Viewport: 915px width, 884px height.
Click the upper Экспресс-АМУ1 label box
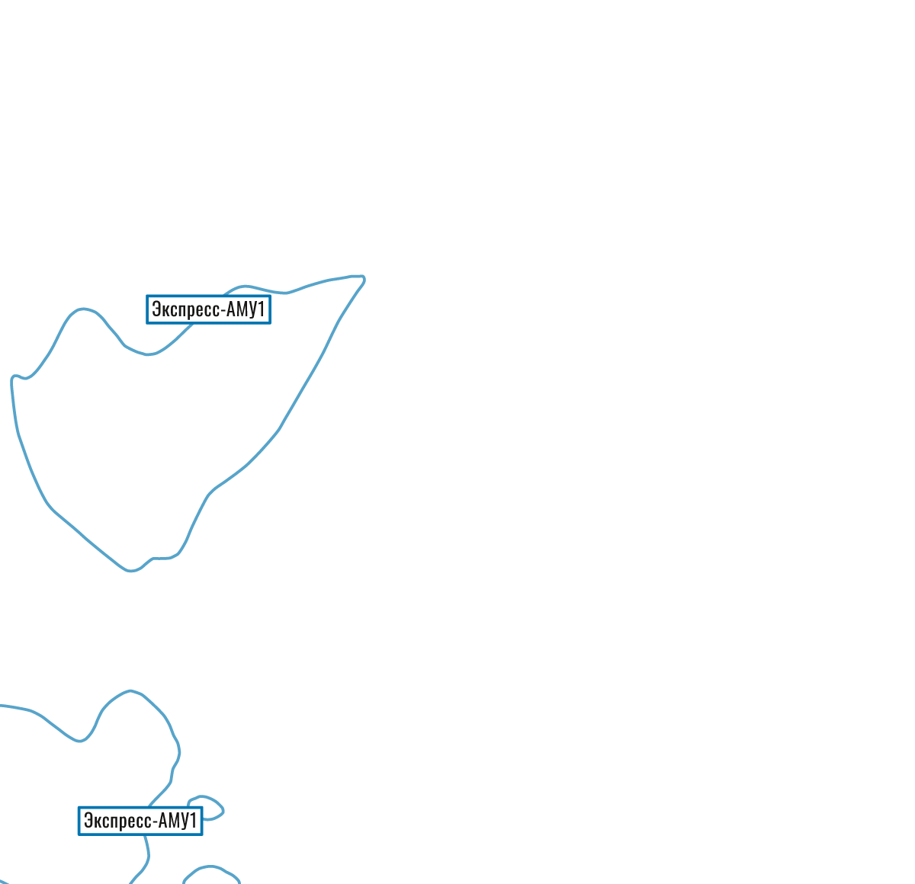(x=208, y=310)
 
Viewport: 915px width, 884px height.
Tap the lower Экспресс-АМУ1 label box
(x=140, y=821)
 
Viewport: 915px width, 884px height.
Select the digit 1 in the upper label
(x=261, y=310)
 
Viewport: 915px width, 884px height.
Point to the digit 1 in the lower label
(x=193, y=821)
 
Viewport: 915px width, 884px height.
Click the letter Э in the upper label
(x=156, y=310)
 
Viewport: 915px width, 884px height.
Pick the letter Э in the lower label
(x=88, y=821)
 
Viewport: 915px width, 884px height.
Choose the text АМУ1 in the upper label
(x=246, y=310)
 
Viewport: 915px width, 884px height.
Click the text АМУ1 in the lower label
(x=178, y=821)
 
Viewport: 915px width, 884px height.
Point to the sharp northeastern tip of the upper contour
(x=364, y=277)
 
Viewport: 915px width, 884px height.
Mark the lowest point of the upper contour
(x=131, y=571)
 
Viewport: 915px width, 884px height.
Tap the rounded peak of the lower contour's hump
(x=130, y=691)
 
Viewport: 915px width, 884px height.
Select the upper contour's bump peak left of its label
(x=84, y=309)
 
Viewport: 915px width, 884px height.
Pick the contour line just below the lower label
(x=146, y=846)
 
